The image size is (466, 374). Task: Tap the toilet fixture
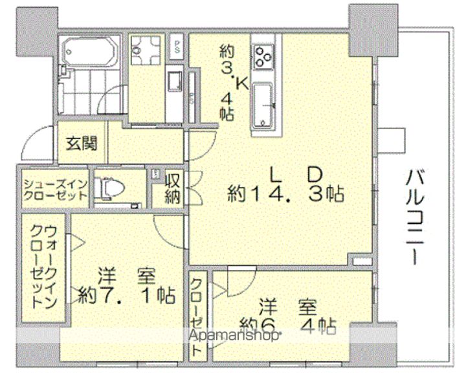tap(111, 189)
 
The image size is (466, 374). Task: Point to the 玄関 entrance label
tap(80, 142)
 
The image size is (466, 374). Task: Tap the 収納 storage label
tap(172, 188)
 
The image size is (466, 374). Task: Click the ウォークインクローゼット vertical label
tap(43, 267)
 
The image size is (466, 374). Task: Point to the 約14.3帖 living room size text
tap(285, 193)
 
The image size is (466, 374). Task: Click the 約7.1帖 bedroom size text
tap(126, 296)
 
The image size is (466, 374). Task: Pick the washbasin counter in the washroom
tap(175, 83)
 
